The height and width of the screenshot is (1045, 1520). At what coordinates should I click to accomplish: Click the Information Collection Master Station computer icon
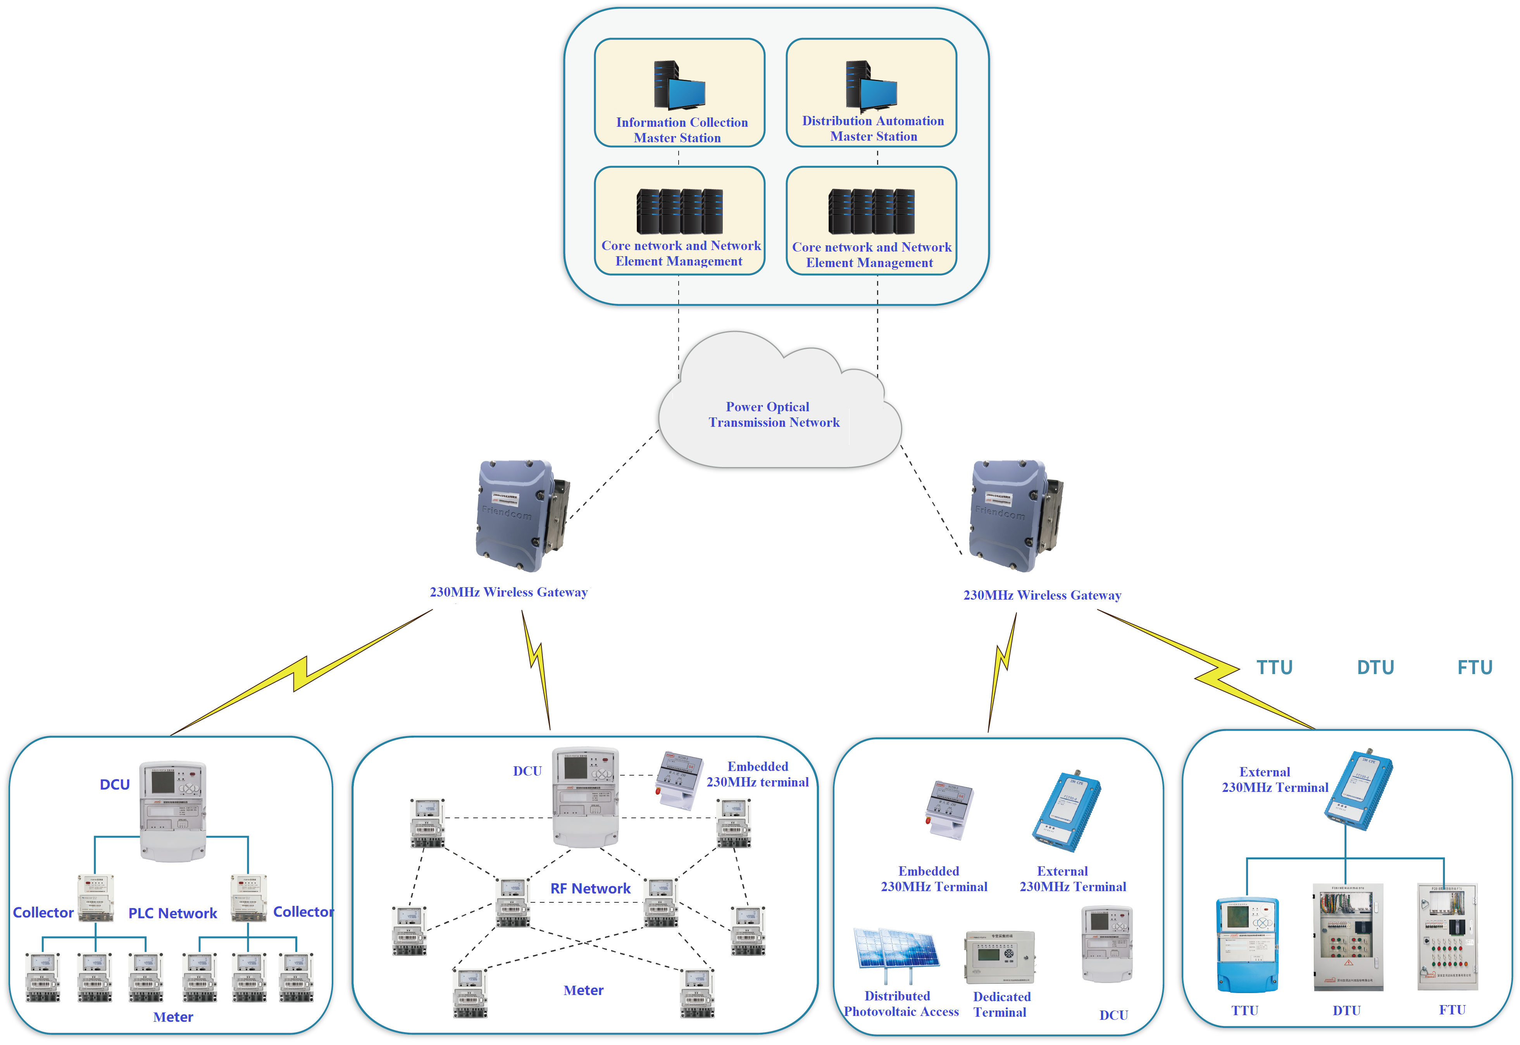(x=679, y=85)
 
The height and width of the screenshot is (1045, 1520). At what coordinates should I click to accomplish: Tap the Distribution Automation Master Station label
(x=873, y=128)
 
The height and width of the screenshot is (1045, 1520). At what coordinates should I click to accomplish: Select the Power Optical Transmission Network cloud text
(x=772, y=414)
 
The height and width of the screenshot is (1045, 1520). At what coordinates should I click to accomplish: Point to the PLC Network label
(x=172, y=913)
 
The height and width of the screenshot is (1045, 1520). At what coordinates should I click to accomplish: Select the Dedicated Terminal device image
(x=999, y=957)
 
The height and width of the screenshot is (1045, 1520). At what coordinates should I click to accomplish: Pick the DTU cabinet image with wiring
(x=1347, y=937)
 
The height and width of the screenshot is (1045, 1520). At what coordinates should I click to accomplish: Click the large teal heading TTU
(x=1274, y=667)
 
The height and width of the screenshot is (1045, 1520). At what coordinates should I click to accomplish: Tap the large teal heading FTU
(x=1474, y=667)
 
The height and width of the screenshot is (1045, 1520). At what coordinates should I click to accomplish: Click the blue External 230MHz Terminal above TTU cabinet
(x=1358, y=790)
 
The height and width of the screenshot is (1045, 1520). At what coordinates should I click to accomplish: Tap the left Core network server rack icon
(x=679, y=212)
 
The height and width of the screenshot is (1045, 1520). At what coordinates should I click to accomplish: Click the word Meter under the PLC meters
(x=173, y=1017)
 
